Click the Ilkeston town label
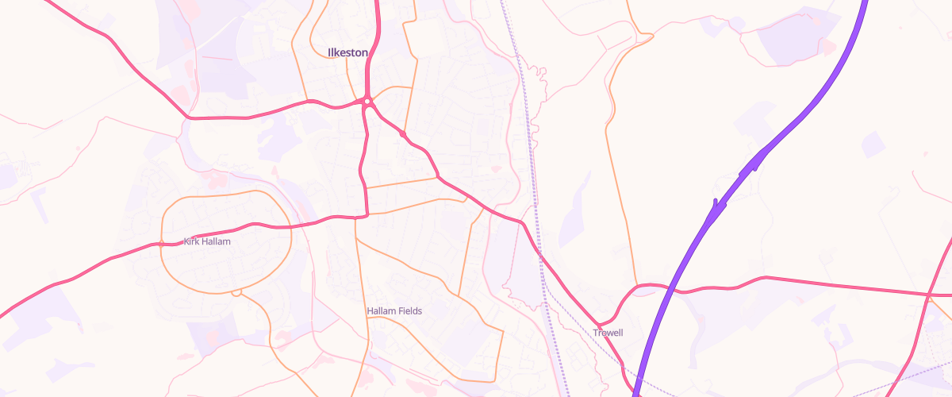click(347, 52)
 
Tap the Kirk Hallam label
click(207, 241)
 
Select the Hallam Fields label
click(394, 311)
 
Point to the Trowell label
click(608, 333)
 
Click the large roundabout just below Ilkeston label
click(367, 102)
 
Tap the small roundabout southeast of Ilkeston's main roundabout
click(404, 135)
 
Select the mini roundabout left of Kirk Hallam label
click(161, 244)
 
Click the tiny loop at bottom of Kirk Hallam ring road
click(236, 292)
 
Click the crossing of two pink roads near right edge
click(928, 295)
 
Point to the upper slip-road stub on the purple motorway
click(755, 163)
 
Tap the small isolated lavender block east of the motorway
click(873, 144)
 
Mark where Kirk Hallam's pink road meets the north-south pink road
click(367, 214)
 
